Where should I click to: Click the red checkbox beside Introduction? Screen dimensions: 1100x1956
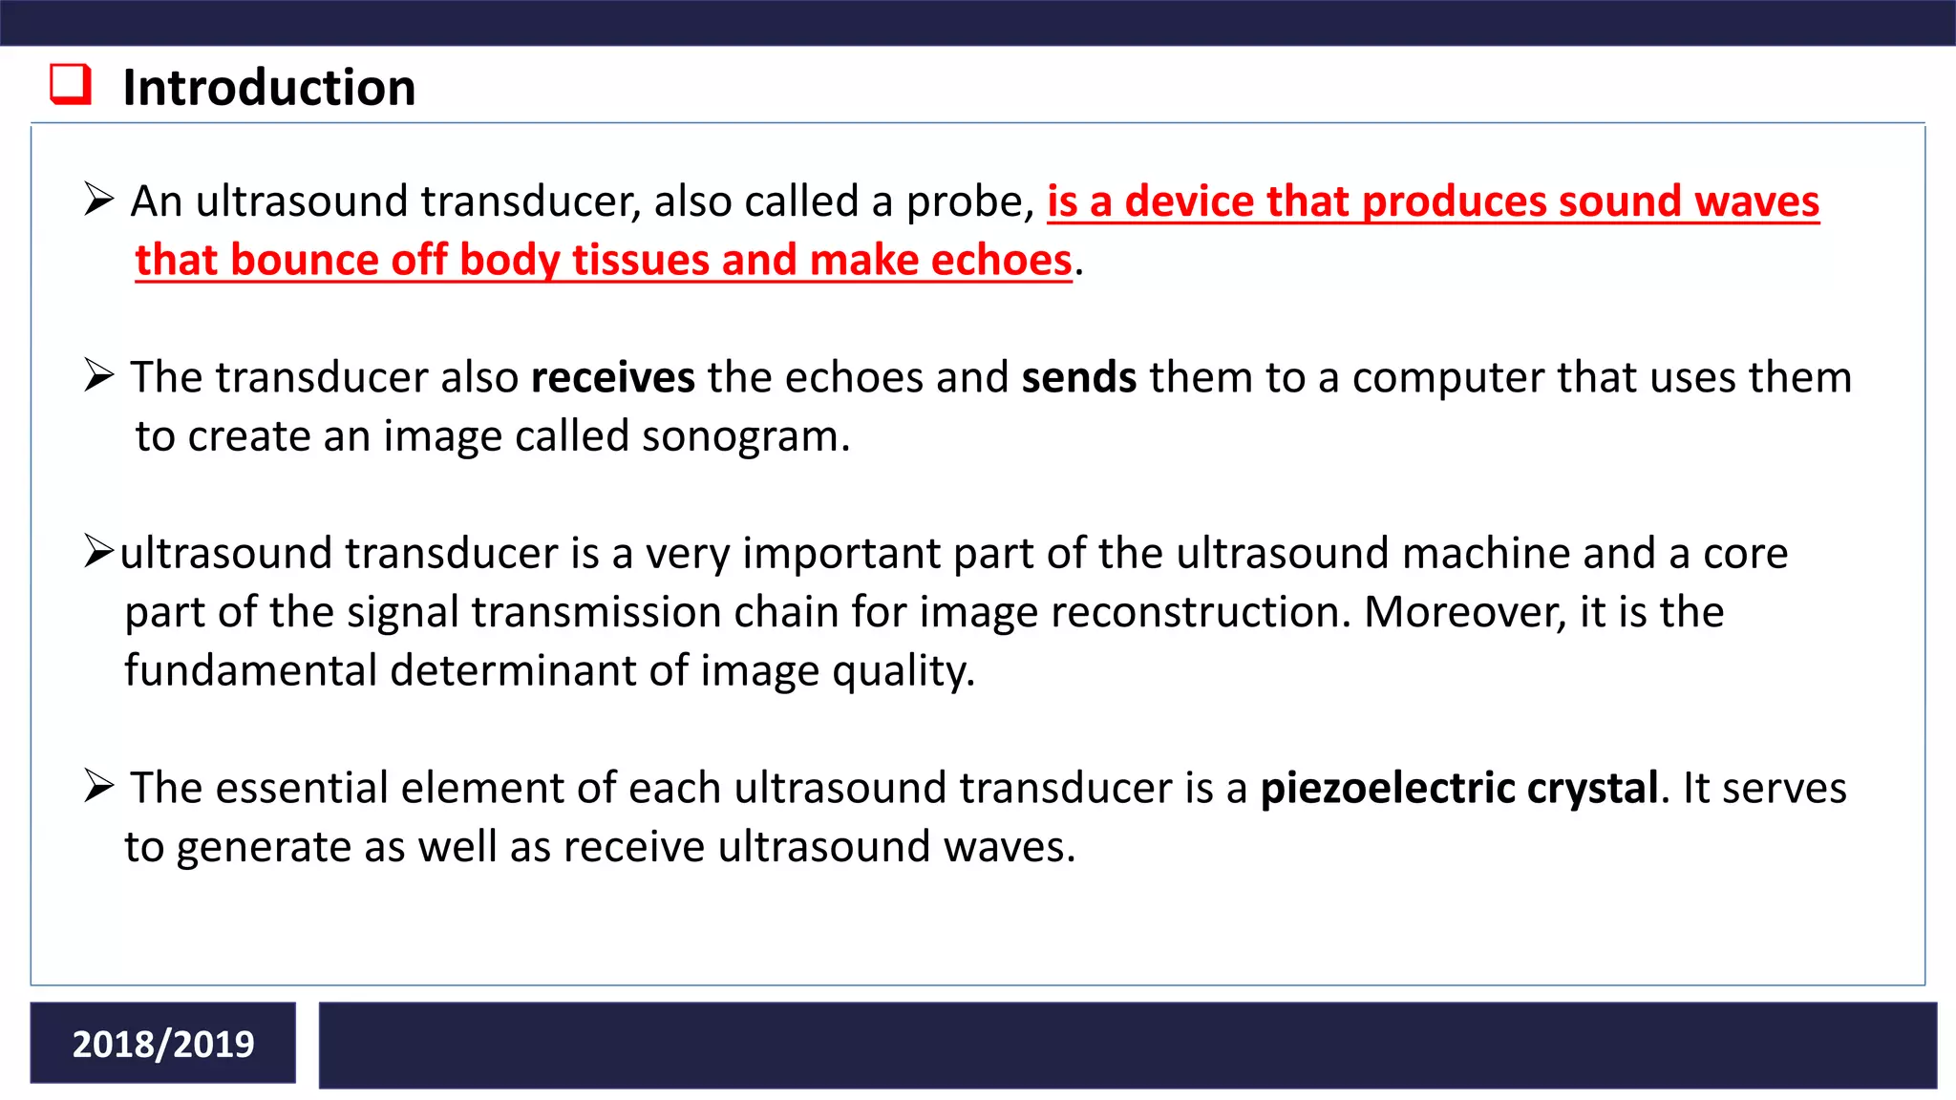point(71,84)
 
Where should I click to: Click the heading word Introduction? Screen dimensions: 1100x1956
point(269,88)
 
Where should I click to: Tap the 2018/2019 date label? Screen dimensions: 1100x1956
point(163,1044)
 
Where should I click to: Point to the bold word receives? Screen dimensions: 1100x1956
point(612,378)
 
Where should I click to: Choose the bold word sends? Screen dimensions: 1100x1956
point(1078,378)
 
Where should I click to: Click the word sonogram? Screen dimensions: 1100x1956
point(744,437)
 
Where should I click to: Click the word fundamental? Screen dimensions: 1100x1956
point(250,671)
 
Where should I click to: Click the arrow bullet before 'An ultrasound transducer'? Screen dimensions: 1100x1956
point(98,200)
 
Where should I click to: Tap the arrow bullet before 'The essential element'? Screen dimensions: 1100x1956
point(98,786)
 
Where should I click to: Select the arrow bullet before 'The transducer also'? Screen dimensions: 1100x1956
point(98,375)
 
